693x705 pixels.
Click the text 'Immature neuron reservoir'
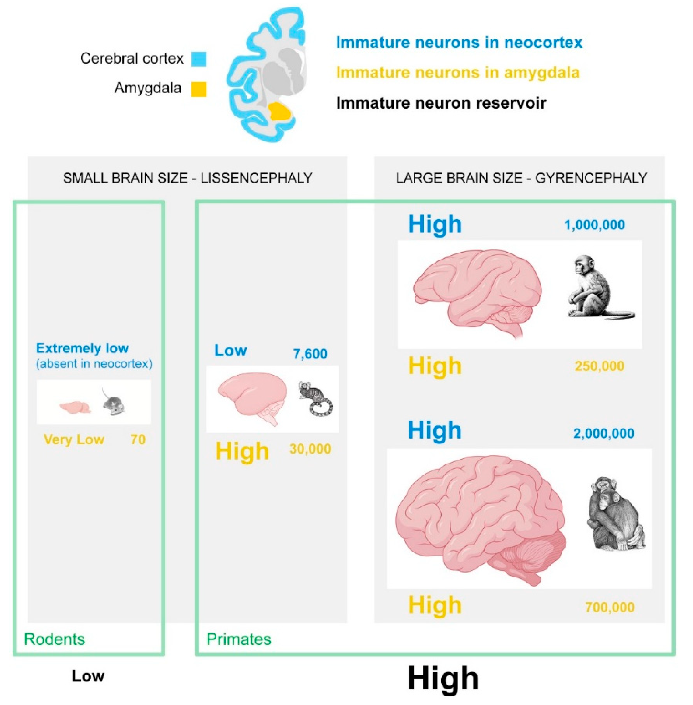click(441, 103)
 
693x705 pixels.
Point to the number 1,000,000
click(594, 225)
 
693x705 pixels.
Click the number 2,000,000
click(604, 433)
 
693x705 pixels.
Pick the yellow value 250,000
click(599, 366)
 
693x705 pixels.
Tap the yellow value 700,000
click(610, 607)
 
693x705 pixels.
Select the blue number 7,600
click(310, 354)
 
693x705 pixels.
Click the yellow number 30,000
click(310, 449)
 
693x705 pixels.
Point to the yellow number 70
click(138, 439)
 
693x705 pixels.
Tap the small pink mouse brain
click(75, 407)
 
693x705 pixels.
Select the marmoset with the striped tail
click(315, 399)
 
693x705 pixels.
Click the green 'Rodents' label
click(54, 639)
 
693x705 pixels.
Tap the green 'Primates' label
click(239, 639)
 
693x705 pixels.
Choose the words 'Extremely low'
click(82, 348)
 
